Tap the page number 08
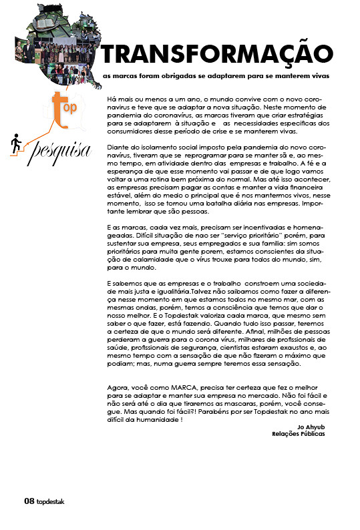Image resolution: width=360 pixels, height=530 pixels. pos(29,501)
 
